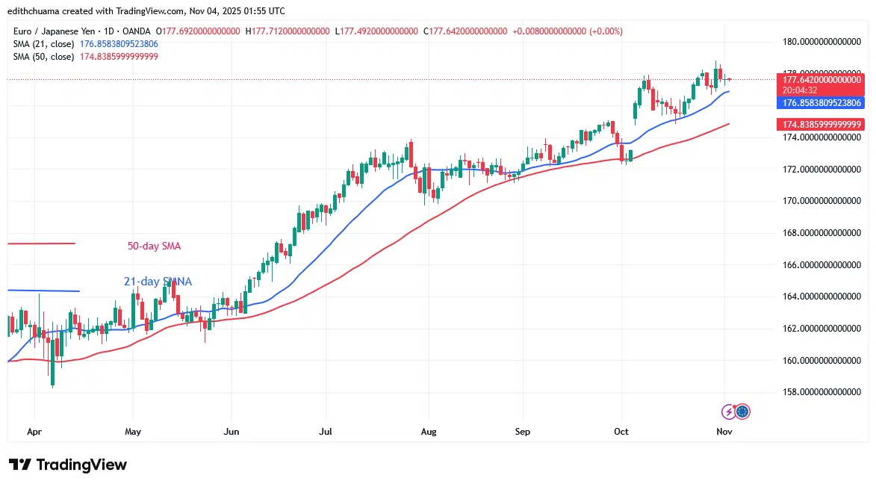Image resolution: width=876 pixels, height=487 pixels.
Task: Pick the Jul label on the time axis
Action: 325,432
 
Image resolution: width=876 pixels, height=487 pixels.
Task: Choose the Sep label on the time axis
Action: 522,432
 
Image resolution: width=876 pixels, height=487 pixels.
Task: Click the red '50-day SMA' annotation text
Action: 154,246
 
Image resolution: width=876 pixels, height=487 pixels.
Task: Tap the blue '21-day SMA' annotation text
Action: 158,282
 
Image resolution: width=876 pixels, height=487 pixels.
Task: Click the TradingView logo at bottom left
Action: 68,465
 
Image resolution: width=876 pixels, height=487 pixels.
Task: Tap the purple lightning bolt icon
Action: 729,412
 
